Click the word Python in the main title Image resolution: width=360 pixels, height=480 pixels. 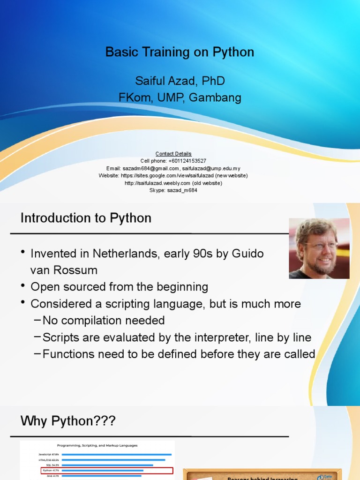233,52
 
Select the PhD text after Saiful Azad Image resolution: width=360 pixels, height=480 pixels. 213,81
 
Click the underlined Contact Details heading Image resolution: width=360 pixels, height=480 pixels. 173,154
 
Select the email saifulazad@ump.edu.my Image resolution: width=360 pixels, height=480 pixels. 211,168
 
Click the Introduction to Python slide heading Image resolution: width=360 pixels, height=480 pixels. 86,218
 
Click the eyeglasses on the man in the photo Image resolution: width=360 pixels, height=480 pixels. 320,245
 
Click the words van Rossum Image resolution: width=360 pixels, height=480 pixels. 64,270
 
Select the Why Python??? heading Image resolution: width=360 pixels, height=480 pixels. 68,421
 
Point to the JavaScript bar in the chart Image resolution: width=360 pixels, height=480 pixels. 116,454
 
